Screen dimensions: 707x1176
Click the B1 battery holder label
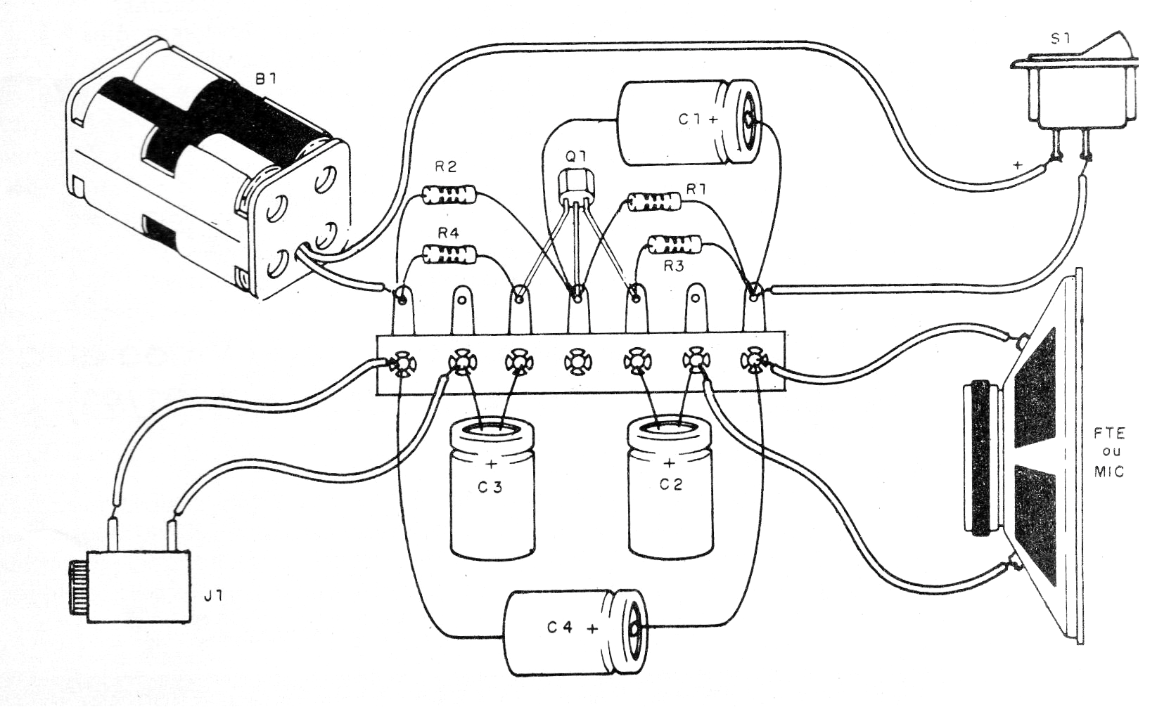click(x=264, y=79)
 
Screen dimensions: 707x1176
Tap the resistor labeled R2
click(x=449, y=195)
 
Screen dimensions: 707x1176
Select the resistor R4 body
click(x=449, y=254)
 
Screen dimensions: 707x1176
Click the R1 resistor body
click(x=654, y=202)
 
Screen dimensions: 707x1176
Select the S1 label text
click(x=1060, y=39)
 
